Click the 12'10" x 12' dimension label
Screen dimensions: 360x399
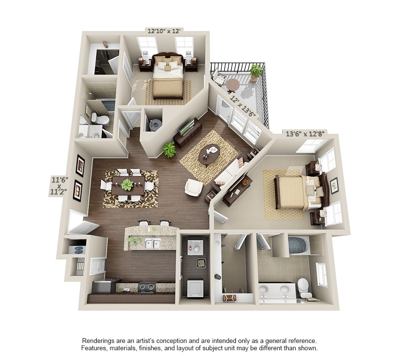click(164, 31)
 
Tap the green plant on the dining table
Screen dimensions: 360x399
click(127, 184)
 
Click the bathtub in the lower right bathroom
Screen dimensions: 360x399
click(299, 245)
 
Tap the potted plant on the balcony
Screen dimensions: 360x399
click(255, 72)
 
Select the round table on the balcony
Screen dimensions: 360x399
click(233, 84)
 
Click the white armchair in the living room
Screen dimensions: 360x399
click(193, 187)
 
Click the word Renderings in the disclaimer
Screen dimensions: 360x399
click(99, 341)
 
